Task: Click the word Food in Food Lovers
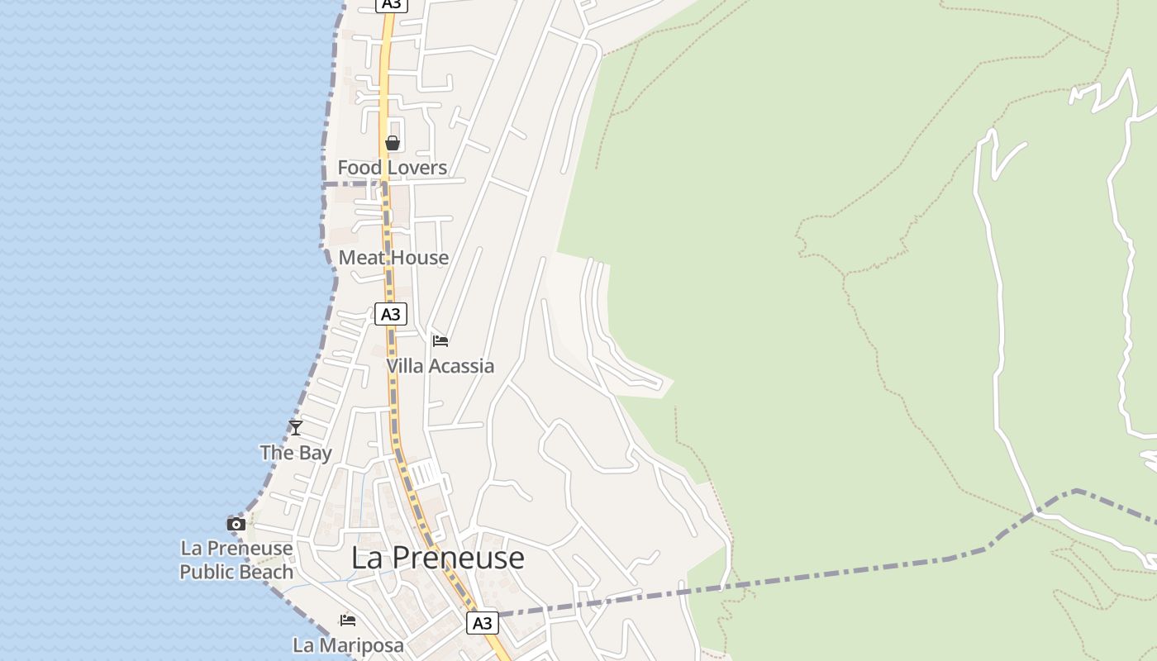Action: click(359, 168)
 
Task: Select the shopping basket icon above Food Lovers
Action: click(393, 143)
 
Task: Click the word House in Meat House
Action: click(420, 258)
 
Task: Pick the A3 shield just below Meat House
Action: click(391, 314)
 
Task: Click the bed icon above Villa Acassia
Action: click(440, 340)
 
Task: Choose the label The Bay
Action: click(296, 453)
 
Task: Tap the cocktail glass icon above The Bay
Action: click(296, 427)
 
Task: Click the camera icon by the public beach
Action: click(236, 524)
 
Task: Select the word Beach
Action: click(266, 572)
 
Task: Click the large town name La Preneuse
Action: click(437, 558)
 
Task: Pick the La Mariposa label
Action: click(348, 645)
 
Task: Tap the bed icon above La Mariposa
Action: click(348, 620)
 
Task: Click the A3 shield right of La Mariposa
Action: click(483, 623)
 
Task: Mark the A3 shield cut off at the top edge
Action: click(392, 4)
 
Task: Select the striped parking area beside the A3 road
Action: click(426, 473)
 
